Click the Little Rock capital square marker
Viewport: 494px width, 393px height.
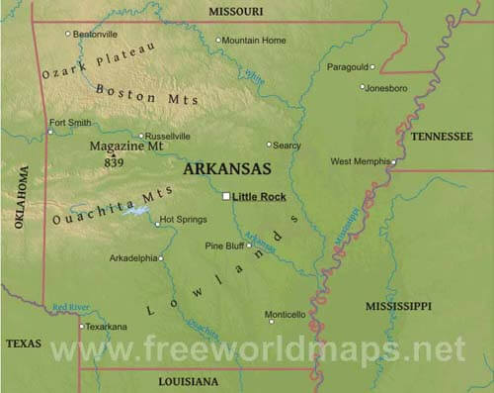pos(226,196)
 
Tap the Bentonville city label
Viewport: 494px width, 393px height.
pos(96,34)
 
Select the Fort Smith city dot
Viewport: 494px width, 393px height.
pos(50,131)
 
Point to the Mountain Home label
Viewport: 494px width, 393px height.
pos(254,41)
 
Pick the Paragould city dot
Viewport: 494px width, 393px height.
pos(373,67)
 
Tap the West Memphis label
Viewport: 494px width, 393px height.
pos(359,161)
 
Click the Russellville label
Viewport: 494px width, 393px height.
pos(169,136)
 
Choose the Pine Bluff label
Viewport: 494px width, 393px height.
pos(224,245)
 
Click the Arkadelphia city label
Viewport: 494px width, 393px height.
pos(132,257)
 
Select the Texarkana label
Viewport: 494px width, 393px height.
pos(106,326)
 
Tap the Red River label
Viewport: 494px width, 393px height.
pos(71,307)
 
